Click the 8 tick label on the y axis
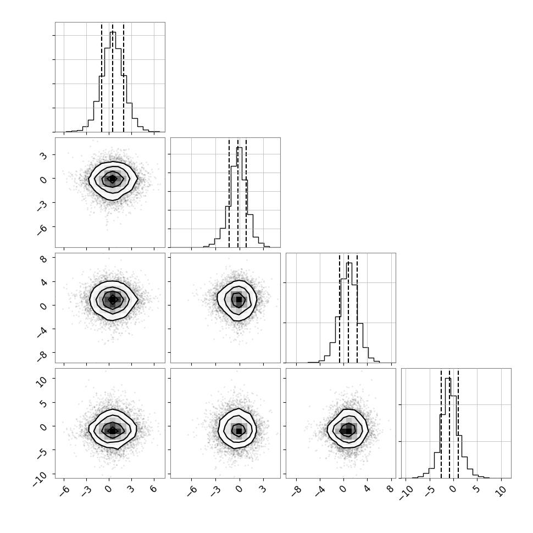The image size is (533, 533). tap(43, 258)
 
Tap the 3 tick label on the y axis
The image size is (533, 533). tap(43, 156)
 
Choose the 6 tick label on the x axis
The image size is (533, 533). tap(153, 488)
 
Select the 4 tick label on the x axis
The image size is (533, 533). tap(367, 488)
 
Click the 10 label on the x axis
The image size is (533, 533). tap(501, 491)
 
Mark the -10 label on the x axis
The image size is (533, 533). tap(405, 492)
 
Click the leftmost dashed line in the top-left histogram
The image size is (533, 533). tap(102, 77)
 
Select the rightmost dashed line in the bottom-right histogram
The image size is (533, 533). tap(458, 423)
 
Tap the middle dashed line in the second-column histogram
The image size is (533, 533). tap(238, 192)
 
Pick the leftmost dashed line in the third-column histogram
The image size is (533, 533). tap(340, 308)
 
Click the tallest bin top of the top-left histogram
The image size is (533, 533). tap(113, 32)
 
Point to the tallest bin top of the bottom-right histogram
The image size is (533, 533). tap(448, 379)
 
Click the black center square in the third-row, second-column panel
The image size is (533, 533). tap(239, 299)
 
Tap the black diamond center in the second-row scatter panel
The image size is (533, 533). tap(113, 179)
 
